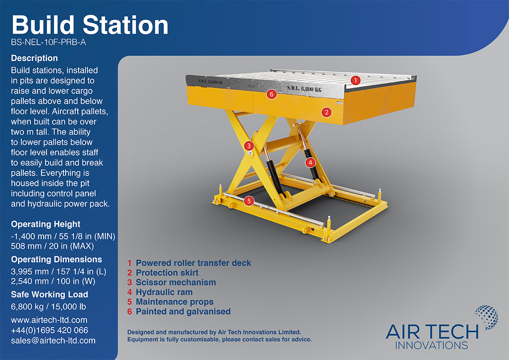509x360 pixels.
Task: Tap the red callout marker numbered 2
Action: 327,112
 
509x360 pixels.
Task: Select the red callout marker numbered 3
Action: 249,146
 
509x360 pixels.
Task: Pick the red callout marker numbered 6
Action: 270,94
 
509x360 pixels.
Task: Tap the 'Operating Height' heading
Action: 46,224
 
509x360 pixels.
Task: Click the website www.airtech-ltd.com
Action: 49,320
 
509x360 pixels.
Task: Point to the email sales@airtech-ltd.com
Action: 53,340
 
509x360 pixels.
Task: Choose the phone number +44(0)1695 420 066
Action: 50,331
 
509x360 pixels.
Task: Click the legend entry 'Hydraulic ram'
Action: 164,292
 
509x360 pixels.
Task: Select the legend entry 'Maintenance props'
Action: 175,302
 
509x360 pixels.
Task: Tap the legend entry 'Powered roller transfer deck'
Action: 193,263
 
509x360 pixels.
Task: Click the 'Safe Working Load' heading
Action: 50,294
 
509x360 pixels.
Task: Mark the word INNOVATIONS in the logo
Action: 432,345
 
